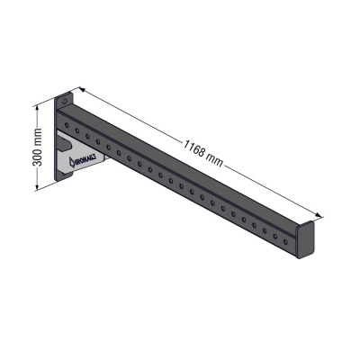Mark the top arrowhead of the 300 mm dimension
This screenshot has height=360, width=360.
(x=38, y=106)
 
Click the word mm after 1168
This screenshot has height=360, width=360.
(x=215, y=159)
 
